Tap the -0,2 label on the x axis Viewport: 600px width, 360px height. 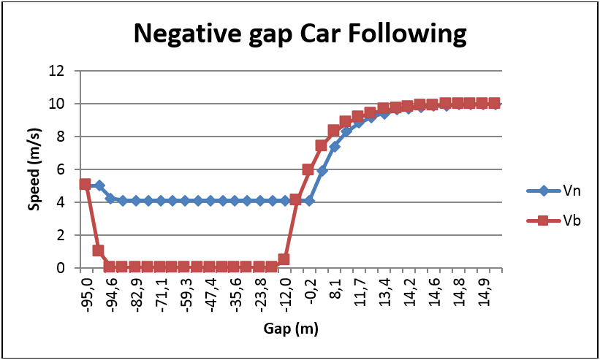pos(310,292)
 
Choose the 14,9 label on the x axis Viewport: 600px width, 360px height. pos(483,292)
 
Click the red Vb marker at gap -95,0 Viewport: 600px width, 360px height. pos(86,185)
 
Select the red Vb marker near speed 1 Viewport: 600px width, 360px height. pos(98,250)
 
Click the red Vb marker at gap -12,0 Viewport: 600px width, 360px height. pos(284,259)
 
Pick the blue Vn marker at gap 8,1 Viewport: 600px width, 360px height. pos(335,147)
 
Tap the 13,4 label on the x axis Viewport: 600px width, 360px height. pos(384,292)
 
